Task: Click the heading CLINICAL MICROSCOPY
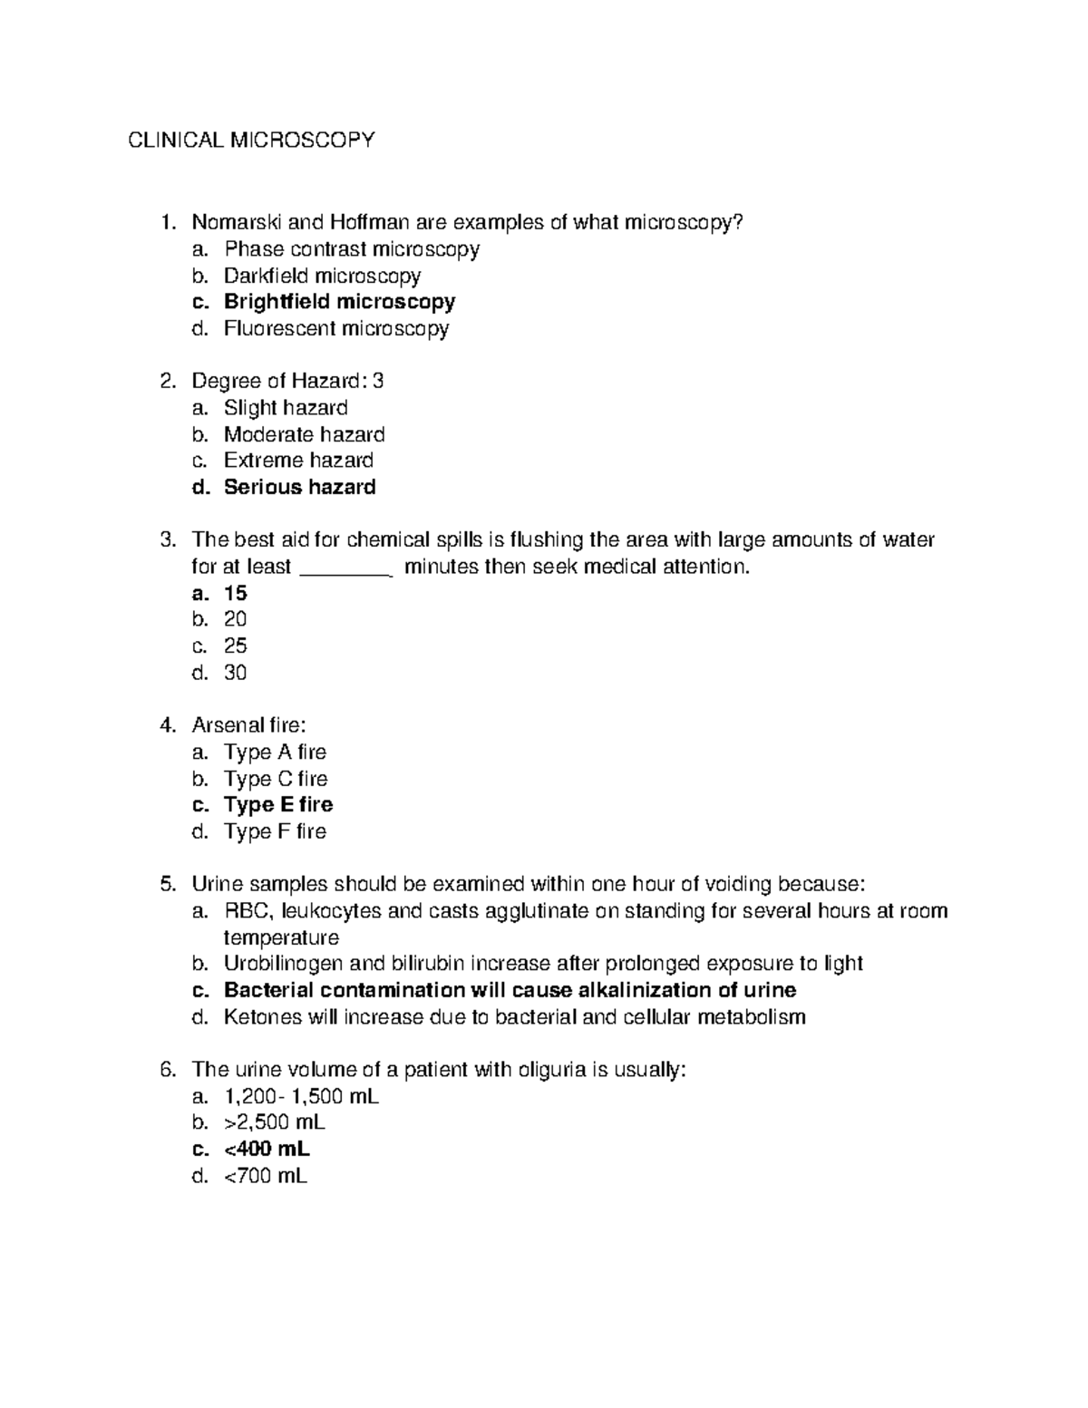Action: click(x=250, y=140)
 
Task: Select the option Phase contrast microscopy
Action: click(x=352, y=248)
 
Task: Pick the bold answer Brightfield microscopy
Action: click(x=339, y=301)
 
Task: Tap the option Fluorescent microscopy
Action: click(x=336, y=328)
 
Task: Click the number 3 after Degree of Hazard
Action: click(x=378, y=381)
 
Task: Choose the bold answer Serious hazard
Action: click(x=299, y=487)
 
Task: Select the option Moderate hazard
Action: click(x=304, y=434)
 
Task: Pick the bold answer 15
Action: click(x=236, y=593)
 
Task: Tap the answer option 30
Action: click(x=236, y=673)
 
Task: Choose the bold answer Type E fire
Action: click(x=278, y=804)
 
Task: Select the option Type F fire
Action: click(x=275, y=831)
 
